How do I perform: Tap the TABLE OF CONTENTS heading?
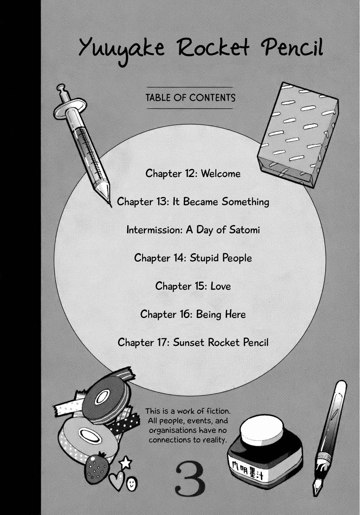tap(190, 98)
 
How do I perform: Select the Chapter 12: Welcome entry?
tap(193, 173)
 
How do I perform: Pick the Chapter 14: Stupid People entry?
tap(193, 258)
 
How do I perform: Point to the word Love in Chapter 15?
tap(220, 286)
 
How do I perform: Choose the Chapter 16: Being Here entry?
tap(193, 314)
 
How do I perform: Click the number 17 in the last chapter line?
tap(163, 343)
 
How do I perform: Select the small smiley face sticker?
tap(132, 483)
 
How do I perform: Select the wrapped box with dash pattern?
tap(298, 135)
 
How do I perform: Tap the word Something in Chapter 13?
tap(245, 202)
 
